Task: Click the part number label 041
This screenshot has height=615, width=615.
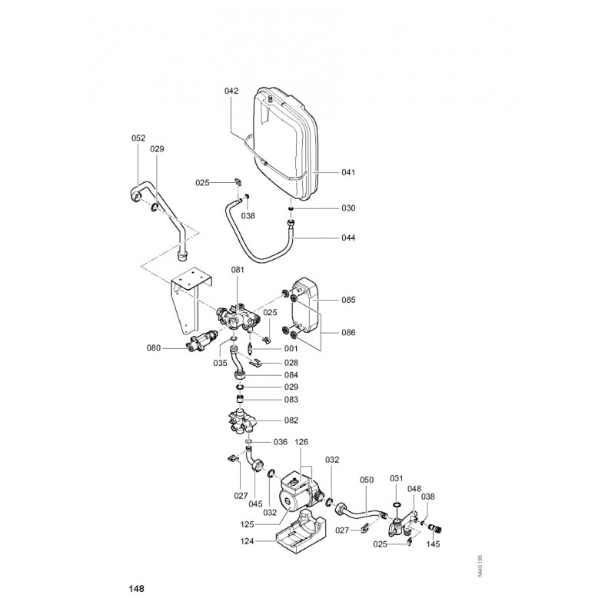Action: point(349,172)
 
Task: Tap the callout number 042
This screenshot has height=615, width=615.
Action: point(231,91)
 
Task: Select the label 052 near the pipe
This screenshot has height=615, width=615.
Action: point(138,138)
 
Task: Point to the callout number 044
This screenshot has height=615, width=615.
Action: point(349,238)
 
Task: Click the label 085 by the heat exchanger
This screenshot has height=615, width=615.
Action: point(349,299)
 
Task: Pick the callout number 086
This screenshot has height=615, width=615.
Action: point(349,333)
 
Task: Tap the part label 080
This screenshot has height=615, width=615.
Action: point(155,347)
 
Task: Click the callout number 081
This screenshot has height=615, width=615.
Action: point(237,271)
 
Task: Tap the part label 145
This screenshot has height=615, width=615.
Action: point(433,547)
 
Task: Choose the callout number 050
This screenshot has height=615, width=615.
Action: point(366,480)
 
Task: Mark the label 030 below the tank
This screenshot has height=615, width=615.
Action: point(349,208)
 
